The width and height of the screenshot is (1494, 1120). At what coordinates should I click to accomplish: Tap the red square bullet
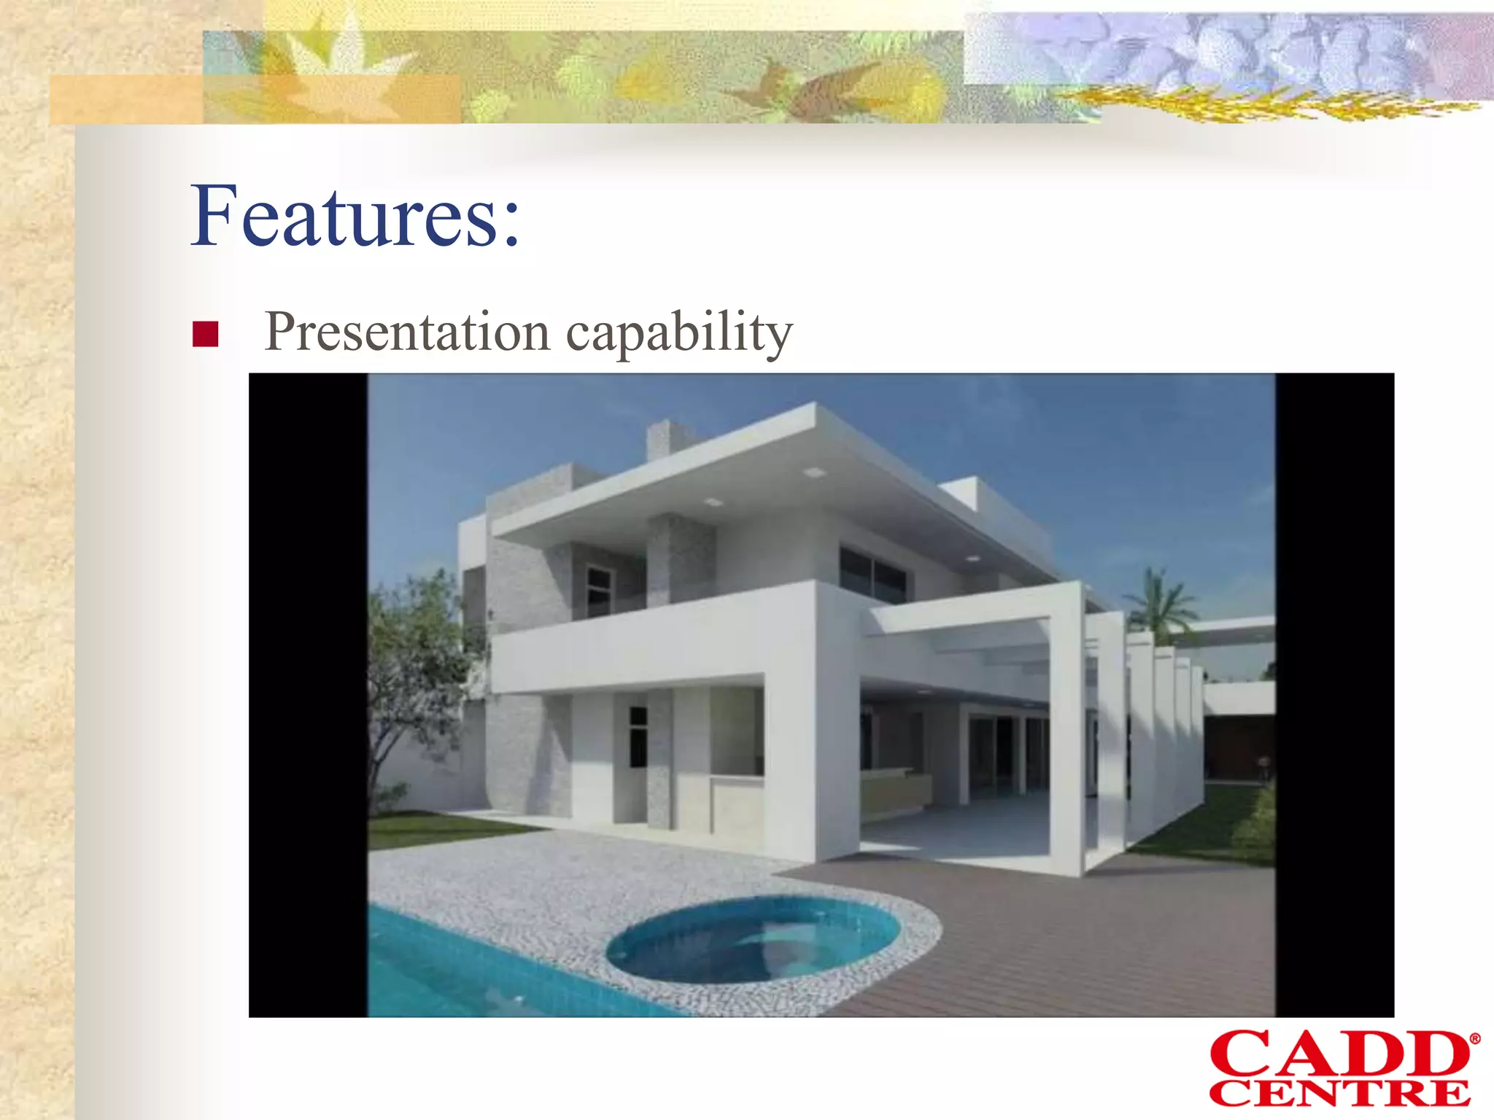tap(205, 334)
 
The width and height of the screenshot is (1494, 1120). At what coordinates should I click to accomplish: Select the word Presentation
tap(407, 332)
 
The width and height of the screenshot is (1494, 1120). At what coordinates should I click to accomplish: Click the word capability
tap(679, 334)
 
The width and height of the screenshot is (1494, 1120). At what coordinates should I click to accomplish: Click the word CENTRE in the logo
tap(1339, 1094)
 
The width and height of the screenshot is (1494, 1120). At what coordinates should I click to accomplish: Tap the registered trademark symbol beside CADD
tap(1474, 1038)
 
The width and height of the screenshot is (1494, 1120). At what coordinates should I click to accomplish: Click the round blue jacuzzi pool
tap(753, 940)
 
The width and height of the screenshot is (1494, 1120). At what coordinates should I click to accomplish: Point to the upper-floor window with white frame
tap(599, 589)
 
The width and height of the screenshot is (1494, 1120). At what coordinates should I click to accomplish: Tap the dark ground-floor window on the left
tap(638, 736)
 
